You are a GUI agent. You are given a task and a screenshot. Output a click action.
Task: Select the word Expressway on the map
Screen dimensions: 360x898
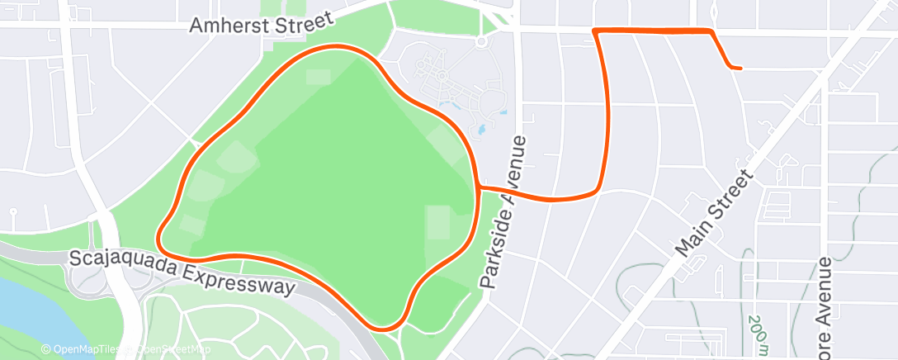pyautogui.click(x=240, y=279)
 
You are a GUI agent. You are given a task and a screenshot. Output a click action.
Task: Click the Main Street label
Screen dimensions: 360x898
pyautogui.click(x=713, y=213)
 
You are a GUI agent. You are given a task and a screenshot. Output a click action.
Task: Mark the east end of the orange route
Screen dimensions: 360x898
pyautogui.click(x=740, y=68)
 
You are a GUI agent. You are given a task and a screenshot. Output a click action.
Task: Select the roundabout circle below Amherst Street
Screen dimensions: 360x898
pyautogui.click(x=481, y=40)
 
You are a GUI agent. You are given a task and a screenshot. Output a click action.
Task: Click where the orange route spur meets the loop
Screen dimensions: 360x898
pyautogui.click(x=479, y=187)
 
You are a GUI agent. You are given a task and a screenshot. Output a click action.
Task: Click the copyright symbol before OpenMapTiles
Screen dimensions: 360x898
pyautogui.click(x=45, y=349)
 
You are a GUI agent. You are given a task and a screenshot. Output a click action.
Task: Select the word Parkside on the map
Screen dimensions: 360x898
pyautogui.click(x=493, y=248)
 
